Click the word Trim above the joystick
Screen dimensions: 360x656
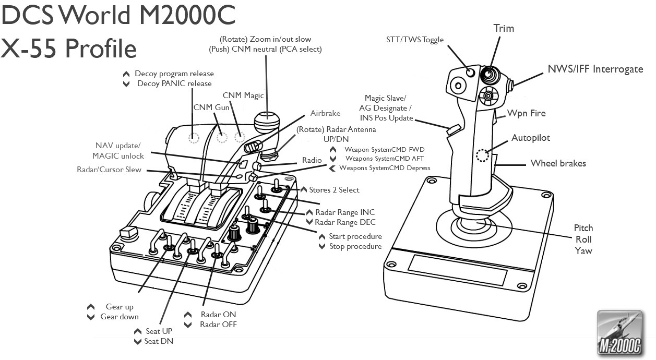pos(504,29)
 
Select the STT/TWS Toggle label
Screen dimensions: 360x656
pos(415,40)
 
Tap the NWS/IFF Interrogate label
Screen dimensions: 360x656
pos(595,69)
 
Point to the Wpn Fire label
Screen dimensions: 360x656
pos(526,113)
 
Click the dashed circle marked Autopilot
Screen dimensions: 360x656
pos(483,155)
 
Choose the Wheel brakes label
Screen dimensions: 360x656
pos(558,163)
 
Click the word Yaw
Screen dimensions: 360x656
pos(583,251)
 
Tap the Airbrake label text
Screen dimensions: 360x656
pos(325,113)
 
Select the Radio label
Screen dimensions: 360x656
pos(312,160)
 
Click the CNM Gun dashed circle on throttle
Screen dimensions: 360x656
pos(222,137)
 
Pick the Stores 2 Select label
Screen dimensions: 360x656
pos(334,190)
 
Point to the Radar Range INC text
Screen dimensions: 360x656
pos(345,212)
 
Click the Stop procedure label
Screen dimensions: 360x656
pos(355,246)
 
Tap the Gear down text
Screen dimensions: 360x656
pos(120,317)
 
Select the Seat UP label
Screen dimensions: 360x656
pos(159,331)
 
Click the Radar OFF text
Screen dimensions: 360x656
pos(218,325)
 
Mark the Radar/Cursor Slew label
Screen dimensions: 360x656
pos(109,170)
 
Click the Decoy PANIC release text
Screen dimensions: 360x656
pos(174,83)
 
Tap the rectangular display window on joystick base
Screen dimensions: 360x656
pos(457,270)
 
